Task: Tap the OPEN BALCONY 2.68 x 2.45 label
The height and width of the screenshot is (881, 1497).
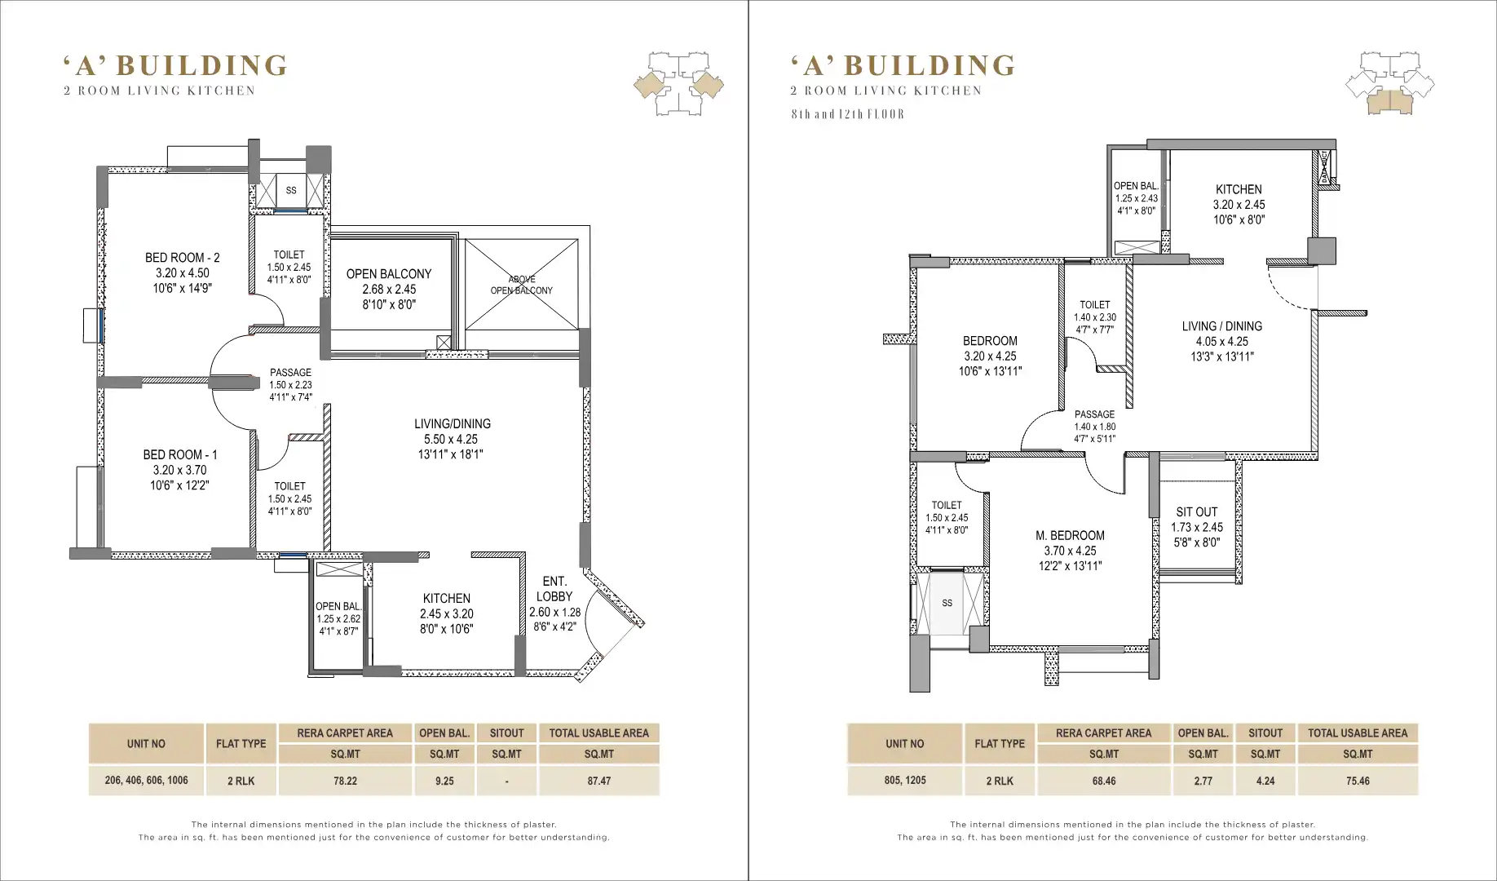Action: pyautogui.click(x=389, y=289)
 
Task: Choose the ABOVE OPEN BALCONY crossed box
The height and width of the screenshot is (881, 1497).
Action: pyautogui.click(x=522, y=285)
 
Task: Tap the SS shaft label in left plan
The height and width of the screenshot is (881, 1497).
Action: pyautogui.click(x=291, y=191)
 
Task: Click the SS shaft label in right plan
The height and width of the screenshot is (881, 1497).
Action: pyautogui.click(x=947, y=604)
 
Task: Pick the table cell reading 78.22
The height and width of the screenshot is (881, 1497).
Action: pyautogui.click(x=345, y=781)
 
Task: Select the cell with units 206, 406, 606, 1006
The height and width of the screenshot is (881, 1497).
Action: pyautogui.click(x=146, y=781)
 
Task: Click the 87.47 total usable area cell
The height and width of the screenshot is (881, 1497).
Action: pyautogui.click(x=599, y=781)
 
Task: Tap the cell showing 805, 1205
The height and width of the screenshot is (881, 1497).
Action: pyautogui.click(x=905, y=781)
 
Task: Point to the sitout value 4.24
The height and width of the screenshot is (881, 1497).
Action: pyautogui.click(x=1265, y=781)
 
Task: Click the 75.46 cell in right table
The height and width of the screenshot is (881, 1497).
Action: pyautogui.click(x=1358, y=781)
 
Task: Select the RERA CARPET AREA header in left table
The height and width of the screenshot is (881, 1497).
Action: pyautogui.click(x=345, y=733)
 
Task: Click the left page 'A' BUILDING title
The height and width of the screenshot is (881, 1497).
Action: pyautogui.click(x=175, y=65)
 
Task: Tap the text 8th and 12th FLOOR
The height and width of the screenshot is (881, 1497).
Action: pyautogui.click(x=848, y=114)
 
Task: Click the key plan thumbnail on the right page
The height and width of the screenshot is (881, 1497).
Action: pyautogui.click(x=1389, y=84)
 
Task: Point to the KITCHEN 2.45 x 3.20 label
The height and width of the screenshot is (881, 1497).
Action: pyautogui.click(x=447, y=613)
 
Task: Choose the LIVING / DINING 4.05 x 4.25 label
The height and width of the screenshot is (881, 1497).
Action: pyautogui.click(x=1222, y=341)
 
